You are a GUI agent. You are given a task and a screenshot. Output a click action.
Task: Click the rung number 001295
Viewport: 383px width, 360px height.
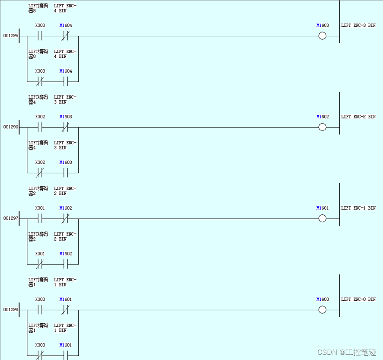click(11, 35)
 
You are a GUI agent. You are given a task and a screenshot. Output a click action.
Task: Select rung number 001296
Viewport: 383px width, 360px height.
click(11, 127)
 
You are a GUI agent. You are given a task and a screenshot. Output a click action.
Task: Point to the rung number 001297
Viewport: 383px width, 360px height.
click(11, 218)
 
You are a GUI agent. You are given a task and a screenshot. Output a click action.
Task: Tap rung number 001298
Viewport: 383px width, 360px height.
click(11, 310)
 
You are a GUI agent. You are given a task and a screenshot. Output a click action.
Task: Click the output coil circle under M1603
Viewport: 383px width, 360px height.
click(322, 36)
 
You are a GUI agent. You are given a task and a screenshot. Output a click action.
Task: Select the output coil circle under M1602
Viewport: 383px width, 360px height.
click(322, 127)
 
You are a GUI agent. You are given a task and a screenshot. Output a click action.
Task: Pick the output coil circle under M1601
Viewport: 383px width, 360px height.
click(322, 218)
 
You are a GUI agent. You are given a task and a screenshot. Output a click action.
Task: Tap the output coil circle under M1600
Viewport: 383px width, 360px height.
click(322, 310)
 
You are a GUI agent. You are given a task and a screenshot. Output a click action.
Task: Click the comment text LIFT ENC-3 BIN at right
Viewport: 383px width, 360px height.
click(358, 25)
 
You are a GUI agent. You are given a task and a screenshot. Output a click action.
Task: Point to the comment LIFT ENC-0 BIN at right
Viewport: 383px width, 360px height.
click(358, 299)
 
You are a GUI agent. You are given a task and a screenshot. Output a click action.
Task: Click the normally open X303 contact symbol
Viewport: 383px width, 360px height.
click(40, 36)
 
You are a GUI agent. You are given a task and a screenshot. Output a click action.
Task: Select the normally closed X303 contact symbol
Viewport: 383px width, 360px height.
click(40, 81)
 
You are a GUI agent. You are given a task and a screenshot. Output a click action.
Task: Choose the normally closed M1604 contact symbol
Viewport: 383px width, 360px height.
click(65, 36)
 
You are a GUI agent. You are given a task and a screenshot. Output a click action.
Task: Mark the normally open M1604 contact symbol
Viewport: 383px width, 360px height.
click(65, 81)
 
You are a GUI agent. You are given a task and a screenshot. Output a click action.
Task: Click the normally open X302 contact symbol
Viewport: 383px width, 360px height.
click(40, 127)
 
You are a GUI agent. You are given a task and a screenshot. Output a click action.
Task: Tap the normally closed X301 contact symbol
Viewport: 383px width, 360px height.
click(40, 264)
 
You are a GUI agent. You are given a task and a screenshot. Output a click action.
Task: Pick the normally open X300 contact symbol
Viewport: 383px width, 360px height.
click(40, 310)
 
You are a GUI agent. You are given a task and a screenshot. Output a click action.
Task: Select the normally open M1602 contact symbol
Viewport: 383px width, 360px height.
click(65, 264)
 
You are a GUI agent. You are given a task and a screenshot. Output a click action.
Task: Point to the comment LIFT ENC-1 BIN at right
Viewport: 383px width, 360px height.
click(358, 208)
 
